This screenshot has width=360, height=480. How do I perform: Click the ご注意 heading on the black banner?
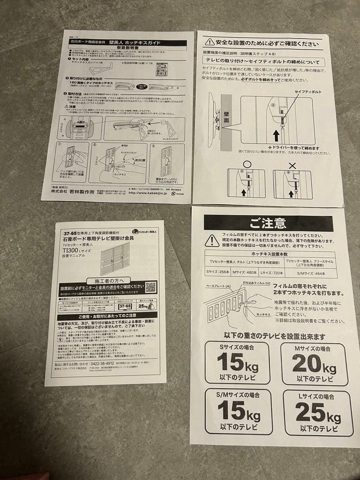coord(268,223)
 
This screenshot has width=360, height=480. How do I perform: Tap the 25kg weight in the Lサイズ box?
coord(318,412)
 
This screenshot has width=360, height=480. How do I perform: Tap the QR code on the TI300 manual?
coord(151,287)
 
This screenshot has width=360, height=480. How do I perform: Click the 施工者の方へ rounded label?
coord(109,280)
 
